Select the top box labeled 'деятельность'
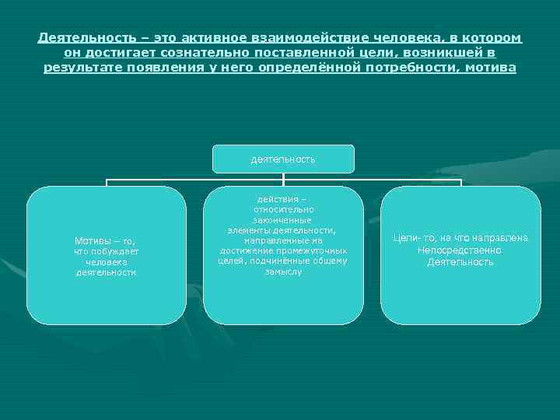(x=283, y=159)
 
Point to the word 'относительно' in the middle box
(x=283, y=210)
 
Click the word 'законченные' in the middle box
(x=283, y=220)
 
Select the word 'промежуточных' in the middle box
(x=316, y=251)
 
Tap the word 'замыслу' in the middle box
(x=283, y=272)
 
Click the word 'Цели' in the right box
(x=404, y=238)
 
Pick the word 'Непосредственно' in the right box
(x=460, y=250)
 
